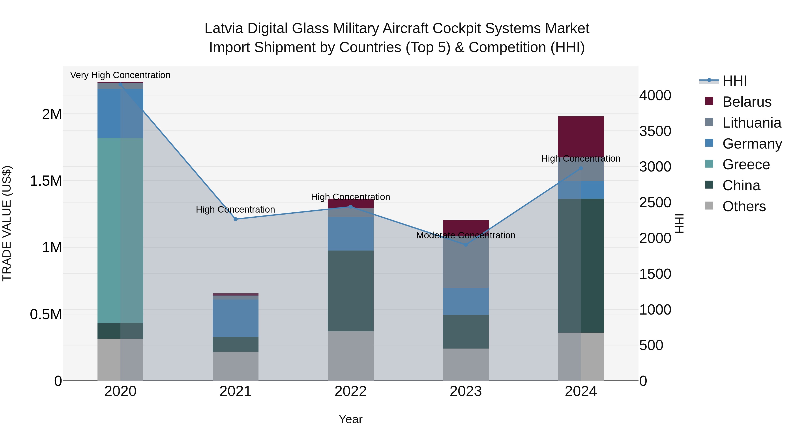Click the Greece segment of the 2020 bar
(x=120, y=230)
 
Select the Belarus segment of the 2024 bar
(x=581, y=136)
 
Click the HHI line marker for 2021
(x=236, y=219)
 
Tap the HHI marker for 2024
(x=581, y=168)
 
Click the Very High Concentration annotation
(x=120, y=75)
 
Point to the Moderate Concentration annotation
(x=465, y=235)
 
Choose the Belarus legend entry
(x=747, y=102)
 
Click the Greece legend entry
(x=746, y=164)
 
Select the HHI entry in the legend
(x=734, y=81)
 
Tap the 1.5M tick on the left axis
(x=46, y=181)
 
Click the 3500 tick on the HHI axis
(x=655, y=131)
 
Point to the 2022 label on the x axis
(x=350, y=391)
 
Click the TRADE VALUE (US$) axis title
(x=7, y=223)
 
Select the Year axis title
(x=350, y=419)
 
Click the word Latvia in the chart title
(x=224, y=28)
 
